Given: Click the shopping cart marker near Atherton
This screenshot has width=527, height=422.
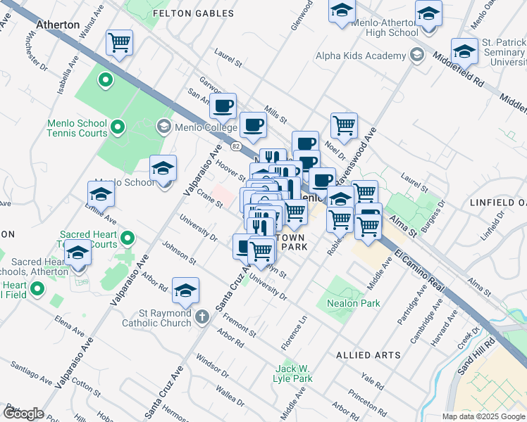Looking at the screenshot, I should pyautogui.click(x=120, y=43).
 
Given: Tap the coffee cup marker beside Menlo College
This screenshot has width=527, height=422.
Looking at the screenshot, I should pyautogui.click(x=223, y=106).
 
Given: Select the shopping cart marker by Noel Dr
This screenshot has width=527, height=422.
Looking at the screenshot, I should pyautogui.click(x=344, y=125).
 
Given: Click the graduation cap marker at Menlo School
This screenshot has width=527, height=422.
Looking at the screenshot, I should pyautogui.click(x=163, y=169).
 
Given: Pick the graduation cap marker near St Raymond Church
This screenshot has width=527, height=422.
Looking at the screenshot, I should pyautogui.click(x=185, y=290).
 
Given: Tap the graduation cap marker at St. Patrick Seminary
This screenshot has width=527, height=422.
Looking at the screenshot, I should pyautogui.click(x=464, y=51).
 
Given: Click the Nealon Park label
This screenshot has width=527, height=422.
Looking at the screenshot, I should pyautogui.click(x=354, y=303).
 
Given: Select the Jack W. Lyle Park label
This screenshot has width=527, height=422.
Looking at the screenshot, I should pyautogui.click(x=293, y=373).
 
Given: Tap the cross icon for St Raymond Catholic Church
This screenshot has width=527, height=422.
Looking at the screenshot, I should pyautogui.click(x=202, y=315).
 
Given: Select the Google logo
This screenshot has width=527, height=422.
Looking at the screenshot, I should pyautogui.click(x=23, y=413).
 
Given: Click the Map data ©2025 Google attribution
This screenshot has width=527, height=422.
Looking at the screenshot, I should pyautogui.click(x=482, y=416).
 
